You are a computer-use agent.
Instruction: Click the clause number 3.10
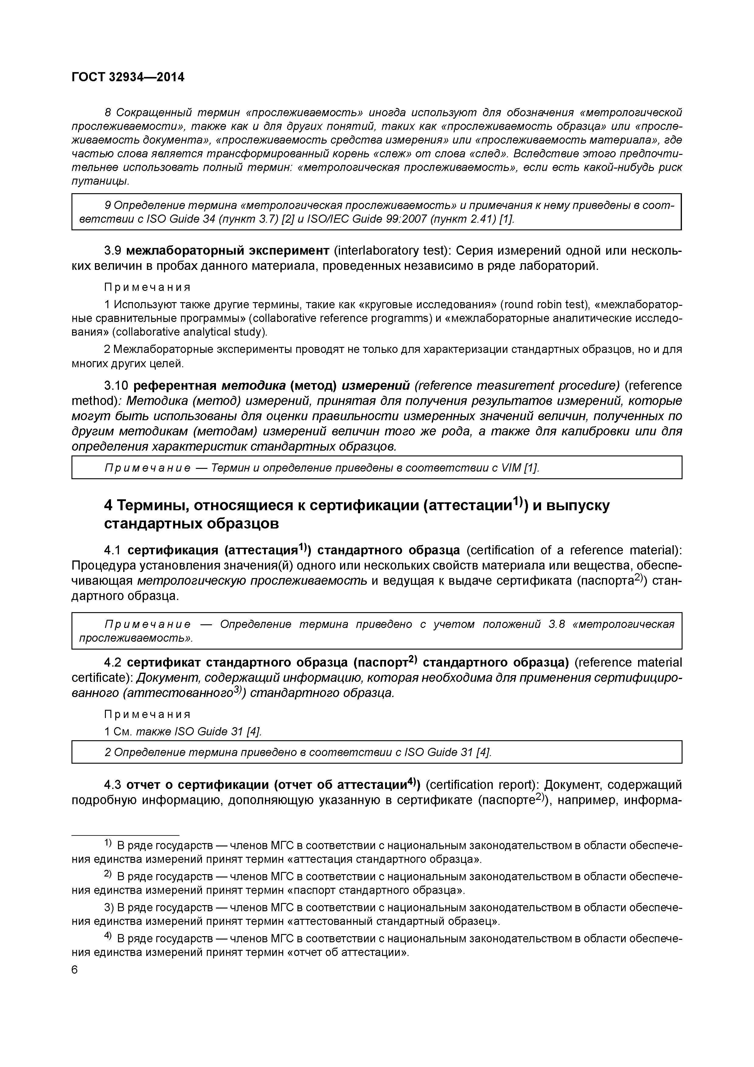pyautogui.click(x=116, y=386)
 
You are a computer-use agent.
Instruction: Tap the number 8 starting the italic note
pyautogui.click(x=108, y=113)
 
